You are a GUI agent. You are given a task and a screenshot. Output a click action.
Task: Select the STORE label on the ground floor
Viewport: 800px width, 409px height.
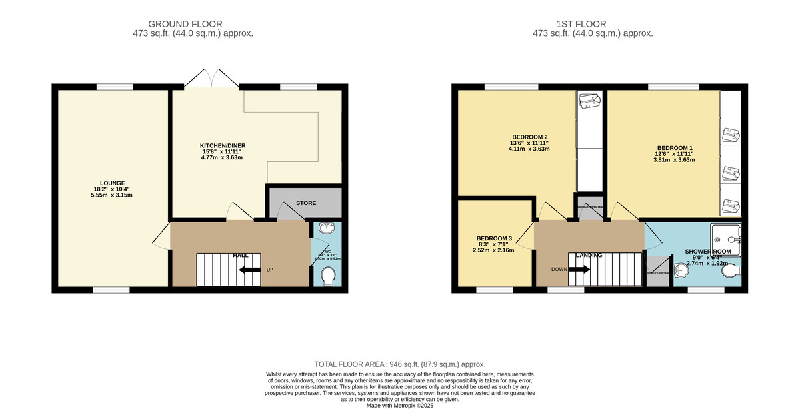point(306,203)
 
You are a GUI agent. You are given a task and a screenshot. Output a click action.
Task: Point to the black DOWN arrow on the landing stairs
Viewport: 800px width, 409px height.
point(579,270)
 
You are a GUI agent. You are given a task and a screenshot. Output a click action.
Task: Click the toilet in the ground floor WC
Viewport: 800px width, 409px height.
point(328,276)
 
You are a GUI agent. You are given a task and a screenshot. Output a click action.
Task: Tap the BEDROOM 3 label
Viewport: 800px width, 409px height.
point(494,238)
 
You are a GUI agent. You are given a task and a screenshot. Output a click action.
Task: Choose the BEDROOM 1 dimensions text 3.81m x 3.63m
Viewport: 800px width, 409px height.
point(675,160)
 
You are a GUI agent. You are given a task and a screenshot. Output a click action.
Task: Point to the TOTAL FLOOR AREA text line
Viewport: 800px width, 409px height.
point(399,364)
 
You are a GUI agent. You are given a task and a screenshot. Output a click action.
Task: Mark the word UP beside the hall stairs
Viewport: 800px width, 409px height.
point(270,270)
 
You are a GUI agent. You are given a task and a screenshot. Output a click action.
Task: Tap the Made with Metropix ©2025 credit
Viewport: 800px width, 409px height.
point(399,405)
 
